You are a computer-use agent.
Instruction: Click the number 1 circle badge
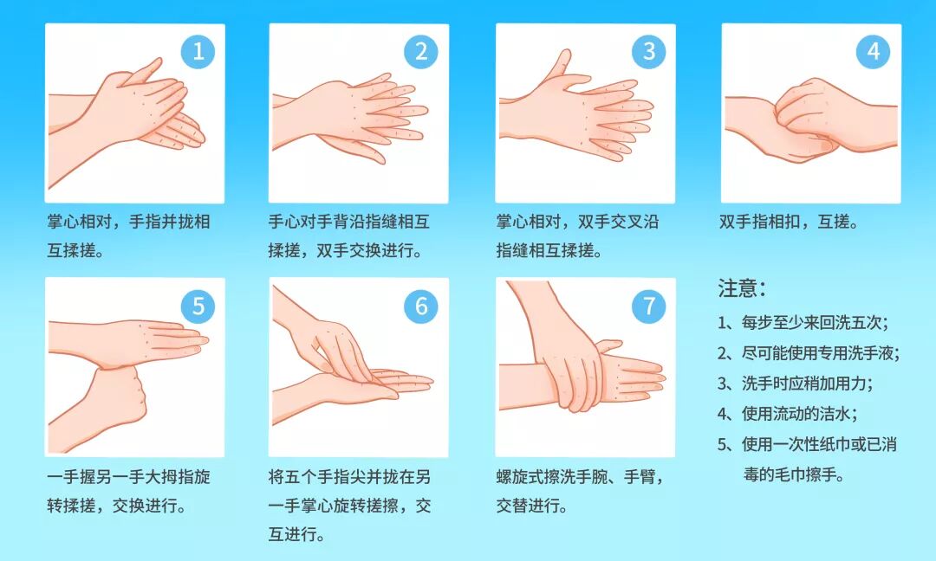(x=198, y=52)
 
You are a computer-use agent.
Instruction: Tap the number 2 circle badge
(x=421, y=52)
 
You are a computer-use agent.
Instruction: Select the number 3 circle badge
(x=649, y=52)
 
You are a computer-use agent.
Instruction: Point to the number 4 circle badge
(x=873, y=52)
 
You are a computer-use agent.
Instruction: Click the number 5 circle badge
(x=198, y=306)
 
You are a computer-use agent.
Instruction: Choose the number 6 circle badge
(x=421, y=306)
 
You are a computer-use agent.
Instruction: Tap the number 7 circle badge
(x=649, y=306)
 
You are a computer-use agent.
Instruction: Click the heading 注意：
(x=742, y=288)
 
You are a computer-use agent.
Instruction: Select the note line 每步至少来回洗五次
(x=803, y=323)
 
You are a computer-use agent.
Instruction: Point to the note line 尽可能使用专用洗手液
(x=809, y=353)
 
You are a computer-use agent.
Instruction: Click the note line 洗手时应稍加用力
(x=795, y=384)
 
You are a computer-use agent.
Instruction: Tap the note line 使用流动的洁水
(x=787, y=414)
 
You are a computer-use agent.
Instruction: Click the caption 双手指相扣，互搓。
(x=789, y=222)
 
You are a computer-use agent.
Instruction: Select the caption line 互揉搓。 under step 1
(x=75, y=250)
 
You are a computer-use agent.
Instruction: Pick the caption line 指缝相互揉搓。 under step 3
(x=549, y=250)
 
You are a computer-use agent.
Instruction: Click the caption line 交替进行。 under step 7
(x=532, y=506)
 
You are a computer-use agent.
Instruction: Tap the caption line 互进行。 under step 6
(x=296, y=534)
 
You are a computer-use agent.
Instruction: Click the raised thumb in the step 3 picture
(x=557, y=68)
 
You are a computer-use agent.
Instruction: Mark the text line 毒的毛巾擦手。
(x=794, y=475)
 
